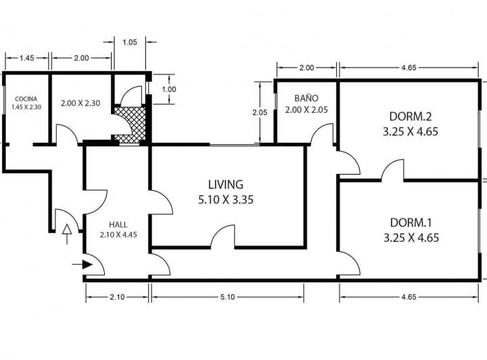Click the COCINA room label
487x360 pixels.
click(26, 99)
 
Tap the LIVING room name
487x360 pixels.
click(226, 185)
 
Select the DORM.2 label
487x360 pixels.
click(411, 116)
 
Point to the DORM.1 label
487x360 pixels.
click(411, 223)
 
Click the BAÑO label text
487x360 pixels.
click(306, 98)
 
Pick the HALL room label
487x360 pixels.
click(118, 225)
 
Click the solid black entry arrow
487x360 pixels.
click(83, 265)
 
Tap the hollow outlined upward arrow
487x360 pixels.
click(67, 233)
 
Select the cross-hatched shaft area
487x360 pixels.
click(130, 124)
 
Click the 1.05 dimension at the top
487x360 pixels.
click(129, 42)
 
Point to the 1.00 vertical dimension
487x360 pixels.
click(169, 89)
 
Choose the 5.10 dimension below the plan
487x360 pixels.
click(228, 297)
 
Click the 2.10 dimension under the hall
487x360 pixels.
click(117, 297)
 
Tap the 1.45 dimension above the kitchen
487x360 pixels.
click(26, 58)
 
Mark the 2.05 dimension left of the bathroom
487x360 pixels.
click(260, 112)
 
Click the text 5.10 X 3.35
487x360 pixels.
click(226, 200)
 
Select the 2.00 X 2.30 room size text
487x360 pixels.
click(80, 103)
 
